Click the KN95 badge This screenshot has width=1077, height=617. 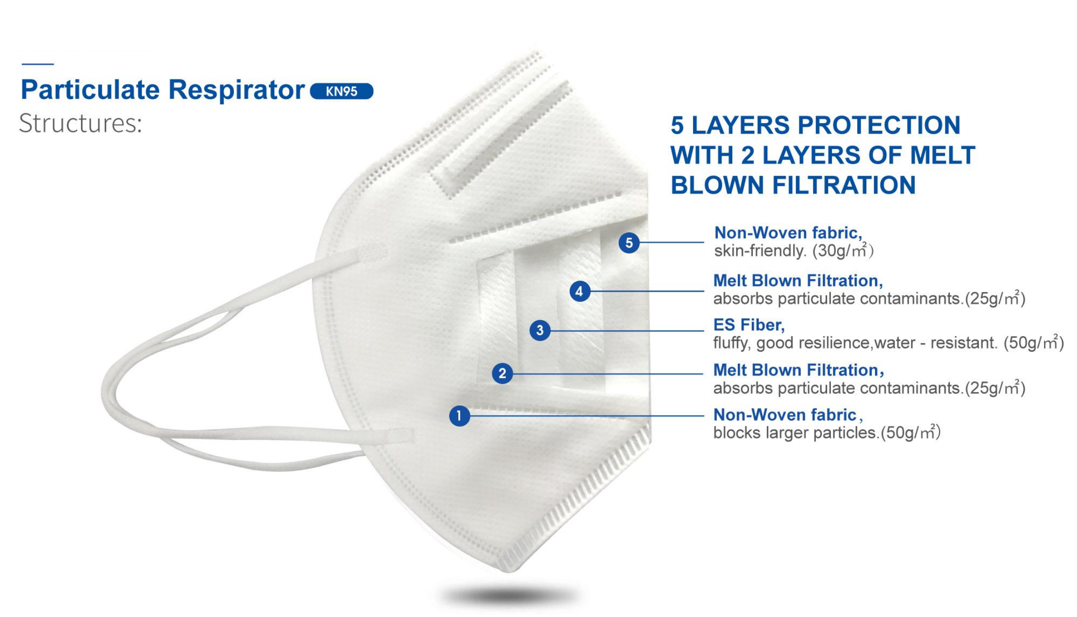point(341,91)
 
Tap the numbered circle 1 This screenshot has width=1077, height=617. point(459,416)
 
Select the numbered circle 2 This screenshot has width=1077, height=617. point(502,373)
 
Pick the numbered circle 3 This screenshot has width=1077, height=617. point(540,331)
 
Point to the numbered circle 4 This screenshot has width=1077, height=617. point(579,292)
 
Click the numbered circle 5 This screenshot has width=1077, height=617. point(629,243)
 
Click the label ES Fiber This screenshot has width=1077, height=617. point(748,325)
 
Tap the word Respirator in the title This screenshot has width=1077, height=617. point(236,90)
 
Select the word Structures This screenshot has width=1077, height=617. point(80,123)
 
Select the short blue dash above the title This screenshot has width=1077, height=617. point(37,64)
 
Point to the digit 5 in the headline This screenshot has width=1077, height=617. point(678,125)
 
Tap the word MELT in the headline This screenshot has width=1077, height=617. point(942,155)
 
